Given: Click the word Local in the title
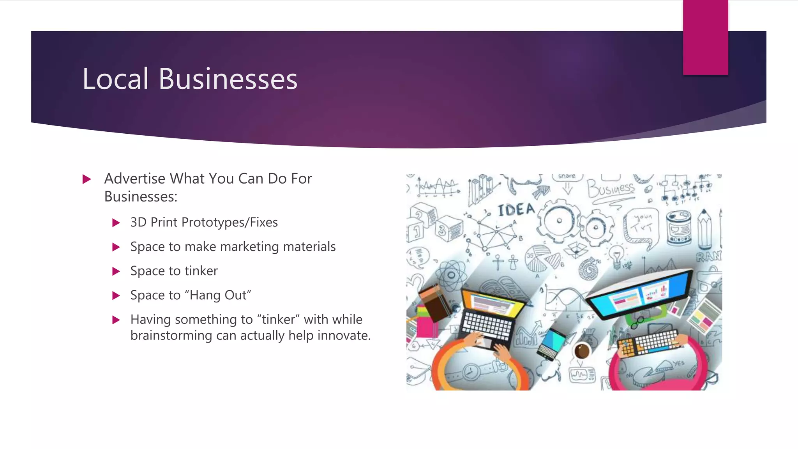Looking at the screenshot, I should coord(115,79).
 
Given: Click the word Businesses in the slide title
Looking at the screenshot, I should coord(228,79).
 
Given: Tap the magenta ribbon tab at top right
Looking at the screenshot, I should coord(705,37).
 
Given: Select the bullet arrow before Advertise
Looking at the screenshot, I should coord(87,179).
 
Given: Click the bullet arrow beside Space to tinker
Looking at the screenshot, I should coord(116,271).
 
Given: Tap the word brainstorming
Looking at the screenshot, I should coord(171,336).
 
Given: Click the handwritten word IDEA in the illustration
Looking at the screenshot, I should coord(516,210).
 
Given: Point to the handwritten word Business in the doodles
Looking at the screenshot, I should coord(610,189).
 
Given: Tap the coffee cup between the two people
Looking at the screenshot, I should coord(582,350).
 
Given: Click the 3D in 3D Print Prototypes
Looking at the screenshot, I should coord(138,223).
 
